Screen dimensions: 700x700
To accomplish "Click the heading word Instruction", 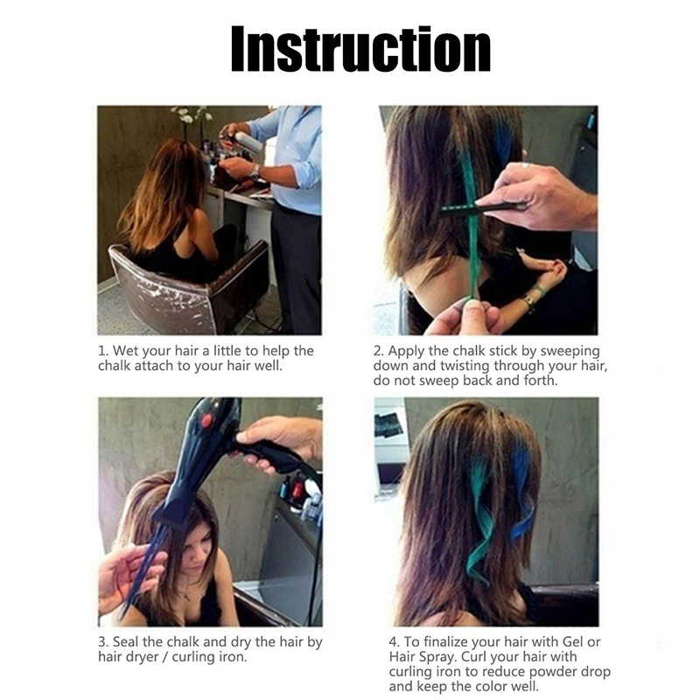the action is (360, 49).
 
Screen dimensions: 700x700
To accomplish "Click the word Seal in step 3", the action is (126, 642).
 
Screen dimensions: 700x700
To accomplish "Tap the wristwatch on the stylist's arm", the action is (255, 171).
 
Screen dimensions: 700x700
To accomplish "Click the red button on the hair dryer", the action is (206, 420).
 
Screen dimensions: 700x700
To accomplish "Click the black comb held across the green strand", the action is (482, 207).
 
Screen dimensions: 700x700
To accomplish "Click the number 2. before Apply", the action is (379, 352).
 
